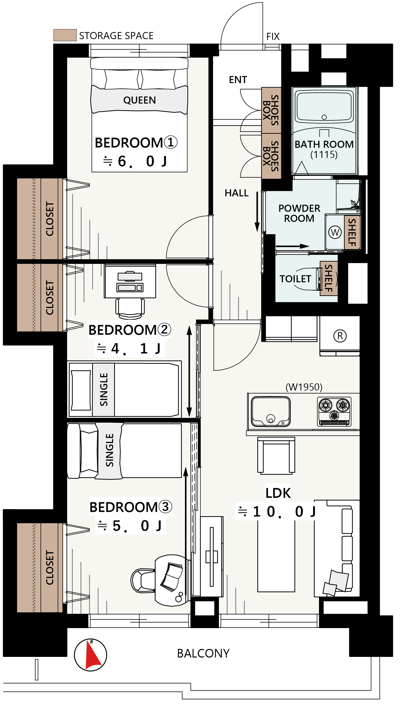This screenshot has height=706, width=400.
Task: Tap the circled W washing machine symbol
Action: point(335,232)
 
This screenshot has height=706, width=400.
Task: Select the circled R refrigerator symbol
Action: point(340,336)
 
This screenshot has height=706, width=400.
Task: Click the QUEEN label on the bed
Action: point(140,100)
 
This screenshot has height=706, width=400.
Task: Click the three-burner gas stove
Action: point(334,412)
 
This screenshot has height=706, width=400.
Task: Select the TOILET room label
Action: point(295,279)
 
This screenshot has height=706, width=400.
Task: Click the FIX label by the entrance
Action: point(273,36)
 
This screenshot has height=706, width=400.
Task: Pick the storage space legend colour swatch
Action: point(65,35)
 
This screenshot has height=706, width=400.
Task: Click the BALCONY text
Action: point(203,653)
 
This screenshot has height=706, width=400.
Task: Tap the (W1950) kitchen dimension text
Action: point(304,387)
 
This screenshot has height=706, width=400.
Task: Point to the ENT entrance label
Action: point(238,80)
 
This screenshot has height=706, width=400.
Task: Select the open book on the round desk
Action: point(172,577)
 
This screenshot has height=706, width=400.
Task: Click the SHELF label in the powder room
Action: point(352,233)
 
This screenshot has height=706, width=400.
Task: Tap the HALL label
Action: point(237,193)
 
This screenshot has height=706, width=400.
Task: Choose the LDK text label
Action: point(278,493)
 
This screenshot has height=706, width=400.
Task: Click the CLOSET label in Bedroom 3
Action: point(50,568)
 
